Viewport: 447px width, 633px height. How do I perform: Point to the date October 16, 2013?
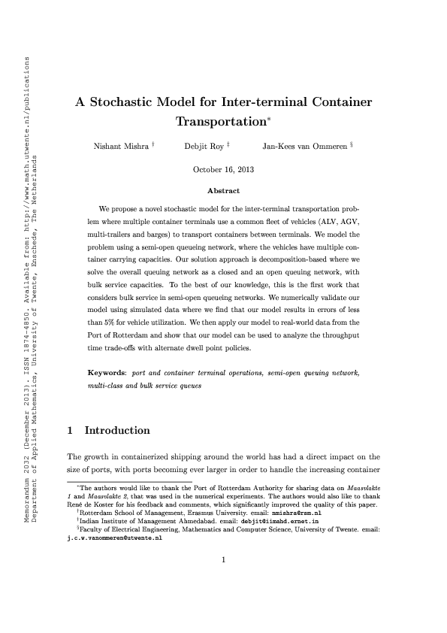tap(223, 170)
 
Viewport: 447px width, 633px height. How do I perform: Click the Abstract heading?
tap(223, 192)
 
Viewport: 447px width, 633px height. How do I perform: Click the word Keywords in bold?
tap(107, 373)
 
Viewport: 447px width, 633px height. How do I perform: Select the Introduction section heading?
tap(117, 431)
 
